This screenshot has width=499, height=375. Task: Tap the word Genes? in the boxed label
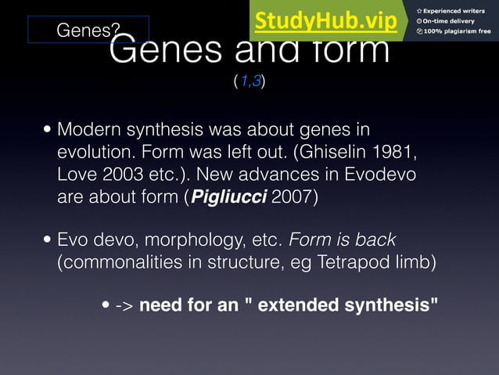(x=88, y=31)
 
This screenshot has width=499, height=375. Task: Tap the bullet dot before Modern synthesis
(x=48, y=129)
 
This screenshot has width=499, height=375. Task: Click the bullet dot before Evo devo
(x=48, y=240)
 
